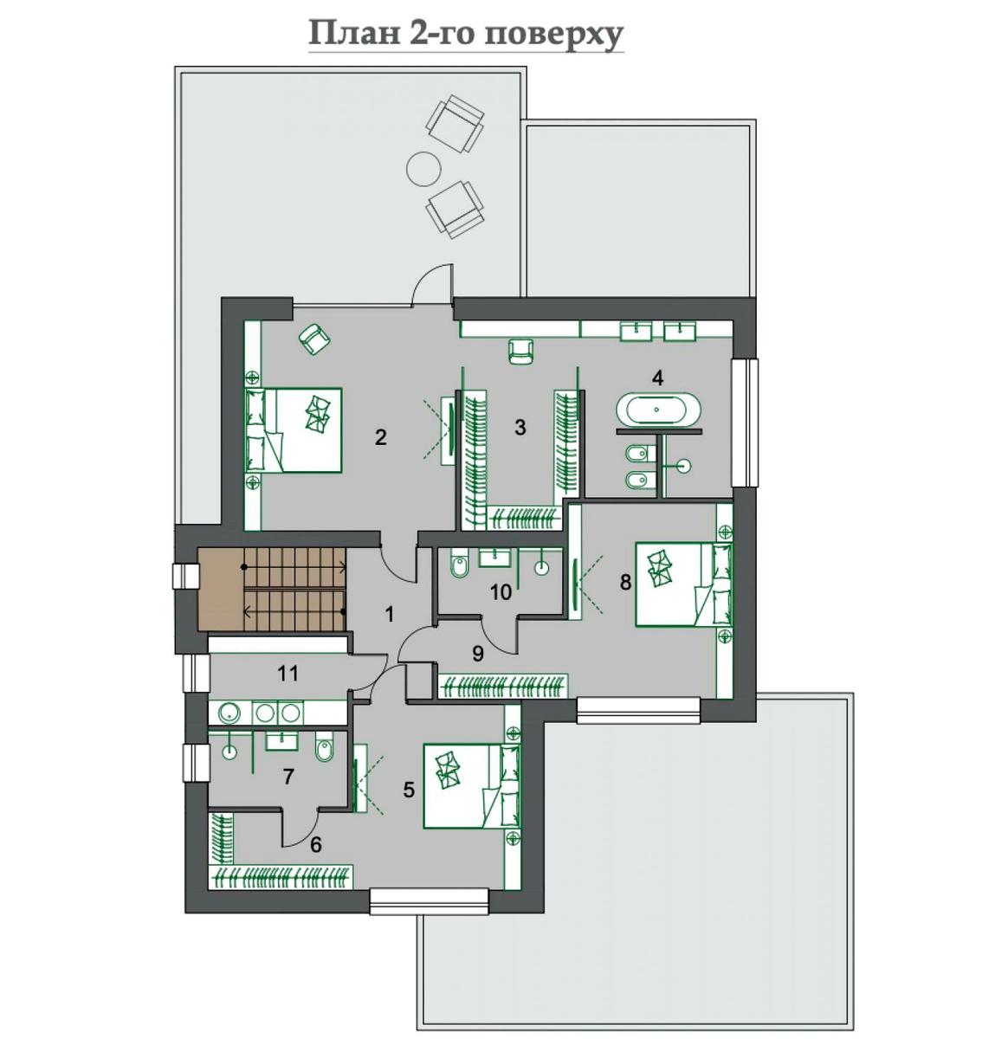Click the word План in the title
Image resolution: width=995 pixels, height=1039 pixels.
pos(353,34)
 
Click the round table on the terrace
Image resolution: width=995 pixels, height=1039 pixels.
pos(423,169)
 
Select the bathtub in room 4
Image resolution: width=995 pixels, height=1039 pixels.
pos(657,410)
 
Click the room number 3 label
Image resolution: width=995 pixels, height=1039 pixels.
pos(520,427)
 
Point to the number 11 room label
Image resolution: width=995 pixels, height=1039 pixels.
pos(288,674)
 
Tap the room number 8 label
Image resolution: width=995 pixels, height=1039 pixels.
pos(625,582)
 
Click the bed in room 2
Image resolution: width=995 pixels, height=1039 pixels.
pos(294,430)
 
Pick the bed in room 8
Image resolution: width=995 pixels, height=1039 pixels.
pos(684,584)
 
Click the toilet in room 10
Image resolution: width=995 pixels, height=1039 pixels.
pos(459,565)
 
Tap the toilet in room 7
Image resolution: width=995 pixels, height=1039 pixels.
pos(324,747)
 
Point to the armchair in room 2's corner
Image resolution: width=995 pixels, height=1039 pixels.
pos(314,339)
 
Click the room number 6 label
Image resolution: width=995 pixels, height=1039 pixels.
pos(316,845)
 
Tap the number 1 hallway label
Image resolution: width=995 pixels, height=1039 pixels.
pos(390,614)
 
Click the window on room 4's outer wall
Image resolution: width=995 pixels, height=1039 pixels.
pos(745,423)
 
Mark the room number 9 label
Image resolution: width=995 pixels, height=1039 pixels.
pos(478,653)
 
